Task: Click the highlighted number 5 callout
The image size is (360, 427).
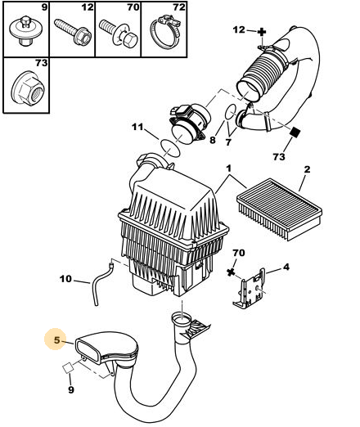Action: (56, 339)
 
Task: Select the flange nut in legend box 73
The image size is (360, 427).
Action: (28, 88)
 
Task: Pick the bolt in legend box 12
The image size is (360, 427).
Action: (73, 32)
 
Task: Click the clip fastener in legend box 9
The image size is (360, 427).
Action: (25, 31)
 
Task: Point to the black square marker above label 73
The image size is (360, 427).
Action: (295, 133)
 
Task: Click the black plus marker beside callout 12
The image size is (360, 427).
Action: (262, 32)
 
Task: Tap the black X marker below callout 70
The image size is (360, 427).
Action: (231, 272)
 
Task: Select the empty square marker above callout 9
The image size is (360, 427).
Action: (68, 368)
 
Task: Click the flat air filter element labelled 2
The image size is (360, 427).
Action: (279, 209)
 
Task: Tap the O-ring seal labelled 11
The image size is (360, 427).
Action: (170, 148)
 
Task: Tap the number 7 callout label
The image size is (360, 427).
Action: (228, 142)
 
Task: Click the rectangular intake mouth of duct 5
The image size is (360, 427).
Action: (88, 350)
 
